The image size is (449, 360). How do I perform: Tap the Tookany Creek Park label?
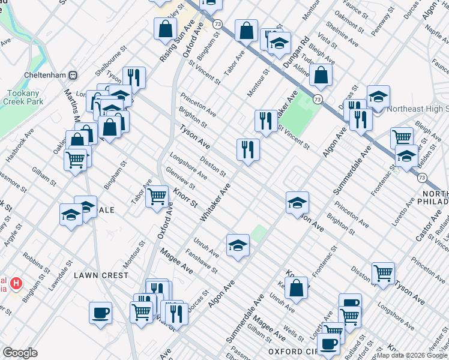tap(25, 98)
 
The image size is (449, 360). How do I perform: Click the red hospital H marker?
tap(17, 282)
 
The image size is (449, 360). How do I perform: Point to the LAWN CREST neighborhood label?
tap(101, 275)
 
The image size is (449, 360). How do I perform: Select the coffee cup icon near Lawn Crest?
tap(100, 311)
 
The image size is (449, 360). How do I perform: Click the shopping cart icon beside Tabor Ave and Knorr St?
tap(157, 194)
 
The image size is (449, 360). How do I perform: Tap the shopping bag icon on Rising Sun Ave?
tap(165, 28)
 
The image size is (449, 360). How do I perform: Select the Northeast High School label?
tap(418, 109)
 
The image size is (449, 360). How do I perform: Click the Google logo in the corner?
tap(20, 353)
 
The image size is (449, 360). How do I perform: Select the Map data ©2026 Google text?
tap(412, 356)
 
